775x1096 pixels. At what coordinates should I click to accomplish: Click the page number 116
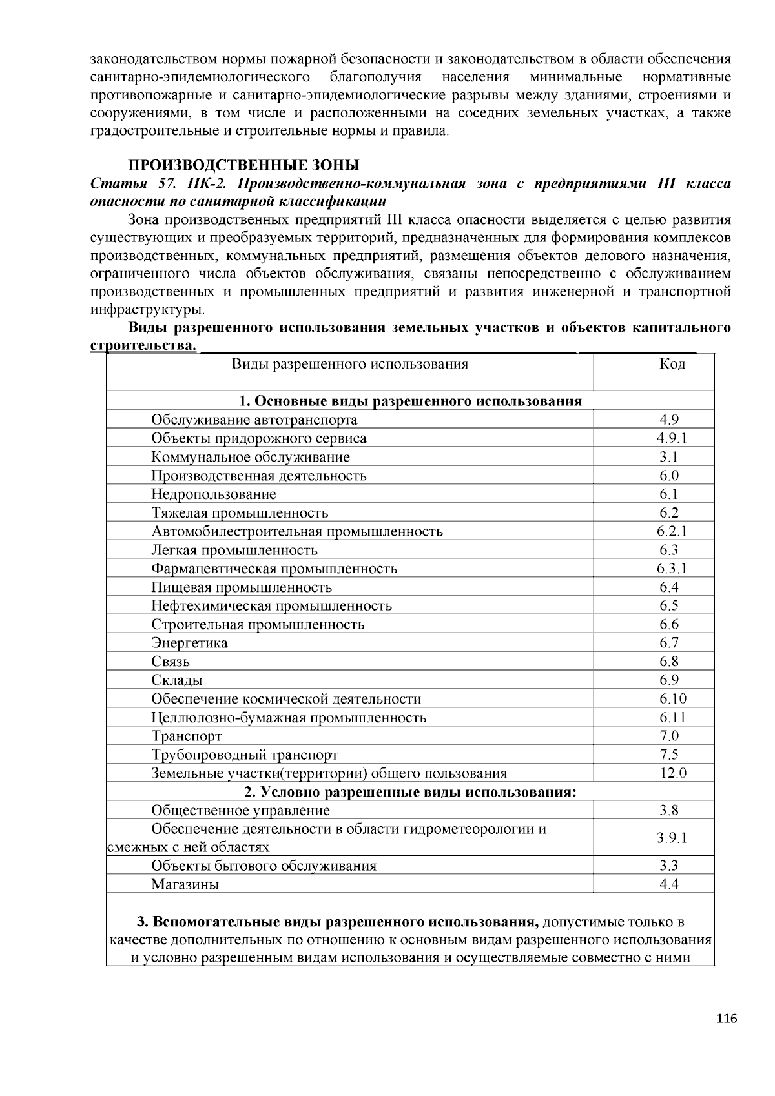coord(726,1019)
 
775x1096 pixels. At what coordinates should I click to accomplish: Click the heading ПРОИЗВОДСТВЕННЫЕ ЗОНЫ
coord(243,165)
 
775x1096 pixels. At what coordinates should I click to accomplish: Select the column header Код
coord(672,364)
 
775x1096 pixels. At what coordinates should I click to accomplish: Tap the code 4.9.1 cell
coord(672,438)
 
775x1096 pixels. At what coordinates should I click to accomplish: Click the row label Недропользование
coord(214,494)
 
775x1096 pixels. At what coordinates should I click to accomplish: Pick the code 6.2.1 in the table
coord(672,531)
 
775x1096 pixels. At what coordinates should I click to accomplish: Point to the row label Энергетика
coord(189,643)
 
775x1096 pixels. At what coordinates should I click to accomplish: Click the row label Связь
coord(170,662)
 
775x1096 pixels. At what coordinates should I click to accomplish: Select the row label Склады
coord(177,680)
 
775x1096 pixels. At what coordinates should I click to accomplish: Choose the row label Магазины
coord(185,885)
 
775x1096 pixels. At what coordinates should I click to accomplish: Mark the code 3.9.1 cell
coord(672,838)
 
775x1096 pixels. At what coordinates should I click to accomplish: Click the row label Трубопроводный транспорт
coord(245,755)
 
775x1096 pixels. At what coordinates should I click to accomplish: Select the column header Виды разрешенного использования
coord(349,364)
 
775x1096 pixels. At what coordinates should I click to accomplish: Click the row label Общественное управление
coord(240,811)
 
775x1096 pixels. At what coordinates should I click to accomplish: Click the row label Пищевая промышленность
coord(242,587)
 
